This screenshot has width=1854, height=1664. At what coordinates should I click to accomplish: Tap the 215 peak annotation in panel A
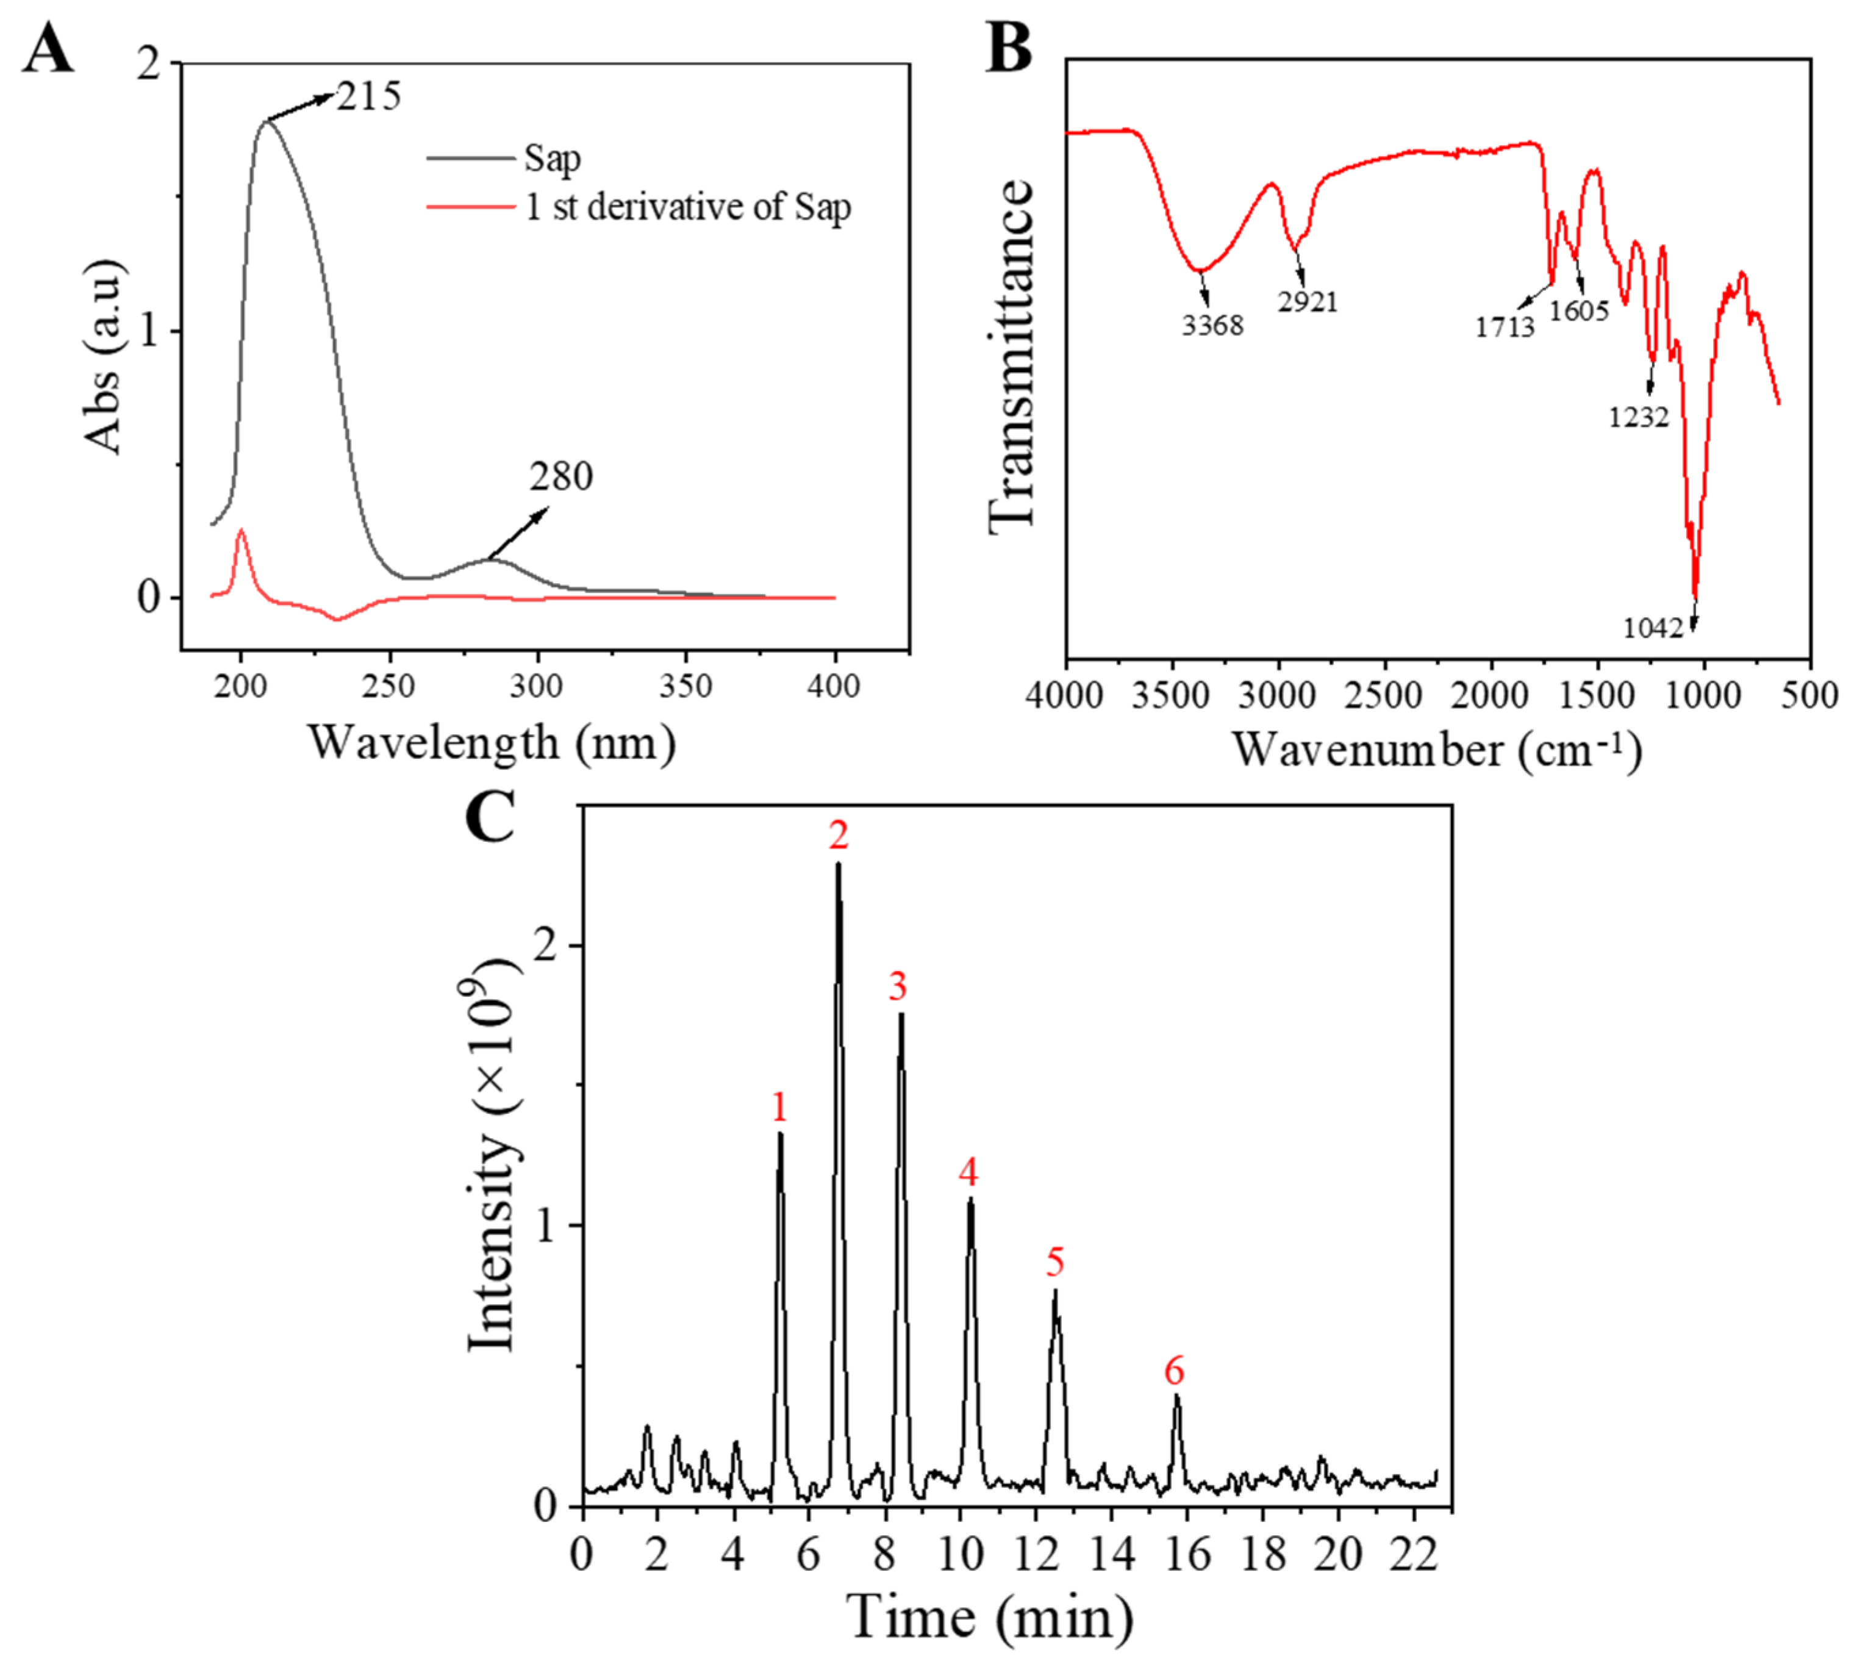[368, 96]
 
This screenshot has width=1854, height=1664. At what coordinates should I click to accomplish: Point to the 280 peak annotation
[560, 476]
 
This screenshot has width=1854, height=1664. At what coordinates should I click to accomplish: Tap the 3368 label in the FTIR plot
[1212, 325]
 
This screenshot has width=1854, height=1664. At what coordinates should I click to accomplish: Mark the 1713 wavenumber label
[1504, 326]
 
